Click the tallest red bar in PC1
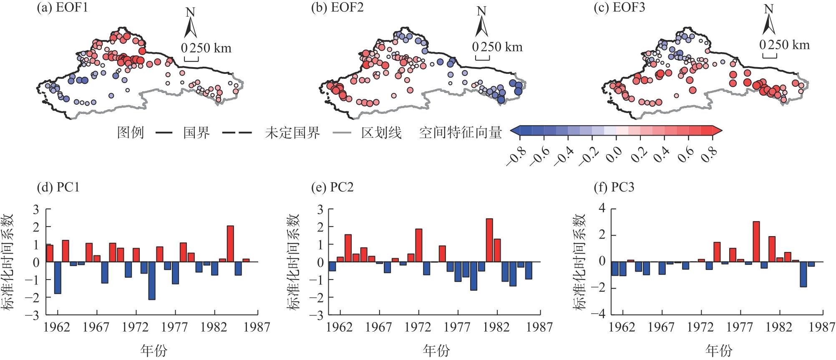(x=230, y=244)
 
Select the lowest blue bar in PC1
(x=152, y=281)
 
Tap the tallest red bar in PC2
(x=489, y=240)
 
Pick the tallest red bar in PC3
(x=756, y=242)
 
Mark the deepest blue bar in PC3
(x=803, y=274)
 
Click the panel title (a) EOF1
(x=63, y=8)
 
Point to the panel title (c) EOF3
(x=619, y=8)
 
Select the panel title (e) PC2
(x=332, y=187)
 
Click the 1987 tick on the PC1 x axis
(x=257, y=327)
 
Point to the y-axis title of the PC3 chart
(x=580, y=262)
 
